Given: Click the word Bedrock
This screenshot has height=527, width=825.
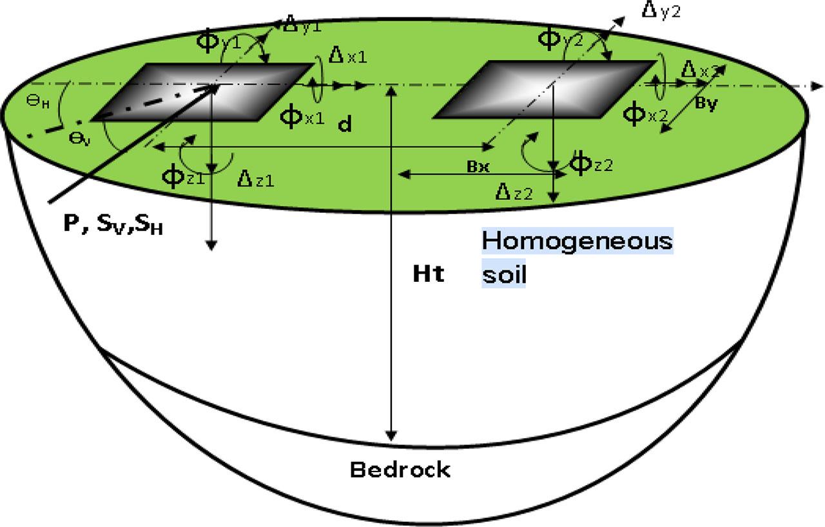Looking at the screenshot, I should pyautogui.click(x=400, y=470).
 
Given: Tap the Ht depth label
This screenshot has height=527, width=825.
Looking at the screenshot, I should pyautogui.click(x=429, y=275).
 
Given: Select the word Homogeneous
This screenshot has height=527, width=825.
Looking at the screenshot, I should pyautogui.click(x=577, y=242).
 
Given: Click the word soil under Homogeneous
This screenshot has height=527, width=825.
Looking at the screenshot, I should pyautogui.click(x=504, y=275).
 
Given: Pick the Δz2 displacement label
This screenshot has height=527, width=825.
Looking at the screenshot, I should pyautogui.click(x=512, y=192).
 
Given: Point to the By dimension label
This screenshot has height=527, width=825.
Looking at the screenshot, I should pyautogui.click(x=707, y=106).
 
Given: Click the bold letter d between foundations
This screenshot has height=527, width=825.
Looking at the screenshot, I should pyautogui.click(x=345, y=125).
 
